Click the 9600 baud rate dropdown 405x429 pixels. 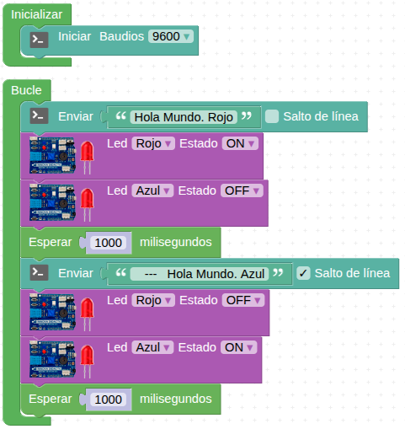[171, 36]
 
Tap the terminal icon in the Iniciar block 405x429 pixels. [39, 40]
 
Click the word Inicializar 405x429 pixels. [36, 14]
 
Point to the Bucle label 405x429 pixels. [26, 90]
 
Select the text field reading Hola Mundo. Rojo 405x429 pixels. [184, 117]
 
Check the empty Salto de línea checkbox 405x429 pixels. [272, 116]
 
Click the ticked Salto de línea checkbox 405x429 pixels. [303, 273]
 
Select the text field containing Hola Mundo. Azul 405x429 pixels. [200, 274]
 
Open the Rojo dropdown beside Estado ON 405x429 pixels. [153, 143]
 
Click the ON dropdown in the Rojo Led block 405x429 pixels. [240, 143]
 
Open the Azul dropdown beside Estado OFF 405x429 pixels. [152, 190]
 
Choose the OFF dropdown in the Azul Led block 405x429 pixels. [242, 190]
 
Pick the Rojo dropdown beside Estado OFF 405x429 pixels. [153, 300]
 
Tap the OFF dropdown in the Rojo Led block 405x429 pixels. [243, 300]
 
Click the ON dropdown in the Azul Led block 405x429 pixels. [238, 347]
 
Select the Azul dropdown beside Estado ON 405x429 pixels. [152, 347]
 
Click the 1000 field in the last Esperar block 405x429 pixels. [108, 400]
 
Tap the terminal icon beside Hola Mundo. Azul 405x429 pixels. [39, 272]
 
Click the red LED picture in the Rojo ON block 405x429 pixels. [87, 157]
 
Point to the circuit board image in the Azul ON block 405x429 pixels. [53, 359]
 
